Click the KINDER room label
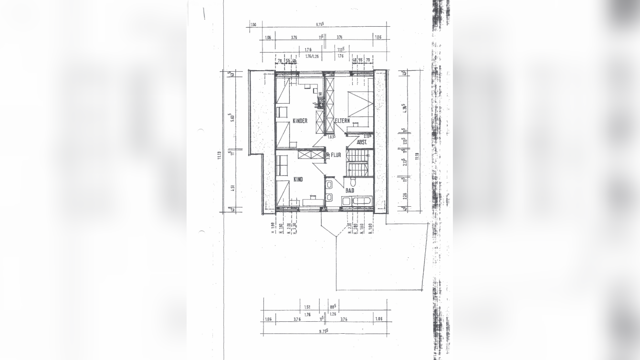pos(300,121)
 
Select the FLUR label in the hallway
pos(336,155)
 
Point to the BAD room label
pos(350,190)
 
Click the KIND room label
pos(298,180)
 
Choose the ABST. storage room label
pos(361,142)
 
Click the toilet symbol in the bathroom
pos(353,181)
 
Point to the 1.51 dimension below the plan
pos(307,307)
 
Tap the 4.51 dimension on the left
pos(232,188)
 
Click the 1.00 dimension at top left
pos(253,24)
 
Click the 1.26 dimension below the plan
pos(333,314)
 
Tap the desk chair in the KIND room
pos(313,196)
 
